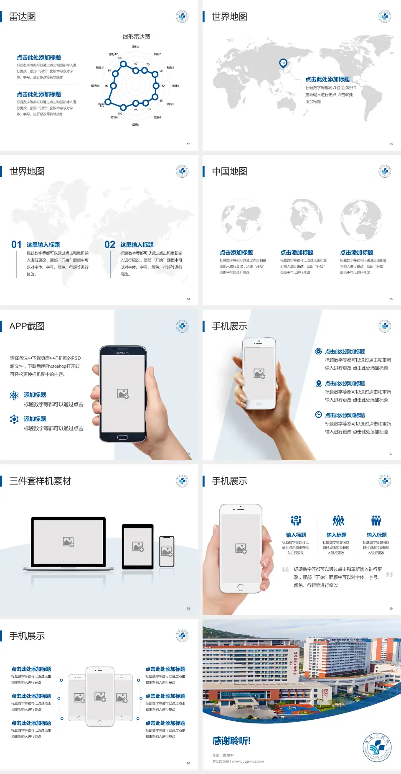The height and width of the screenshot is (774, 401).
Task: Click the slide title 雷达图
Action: pyautogui.click(x=23, y=17)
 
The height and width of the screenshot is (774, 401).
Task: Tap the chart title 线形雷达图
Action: pyautogui.click(x=136, y=37)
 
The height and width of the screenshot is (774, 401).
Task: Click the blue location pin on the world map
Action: pyautogui.click(x=283, y=63)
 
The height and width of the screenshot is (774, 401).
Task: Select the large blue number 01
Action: pyautogui.click(x=16, y=245)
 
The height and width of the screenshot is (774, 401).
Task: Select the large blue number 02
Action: pyautogui.click(x=110, y=245)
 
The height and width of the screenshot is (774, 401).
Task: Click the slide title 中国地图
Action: pyautogui.click(x=229, y=172)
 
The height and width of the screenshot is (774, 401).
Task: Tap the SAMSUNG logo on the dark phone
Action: pyautogui.click(x=123, y=353)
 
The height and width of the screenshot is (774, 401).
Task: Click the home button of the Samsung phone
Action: pyautogui.click(x=122, y=437)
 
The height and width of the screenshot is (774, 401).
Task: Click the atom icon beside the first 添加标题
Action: pyautogui.click(x=14, y=395)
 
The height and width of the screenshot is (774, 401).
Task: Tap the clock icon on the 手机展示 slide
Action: pyautogui.click(x=318, y=415)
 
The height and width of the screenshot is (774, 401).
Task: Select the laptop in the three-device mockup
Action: pyautogui.click(x=69, y=543)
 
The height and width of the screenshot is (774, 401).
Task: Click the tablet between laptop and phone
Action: pyautogui.click(x=137, y=546)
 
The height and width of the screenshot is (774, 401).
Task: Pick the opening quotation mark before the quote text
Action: pyautogui.click(x=285, y=569)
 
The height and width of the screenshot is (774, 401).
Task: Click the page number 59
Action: pyautogui.click(x=391, y=608)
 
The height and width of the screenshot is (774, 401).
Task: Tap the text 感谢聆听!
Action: pyautogui.click(x=231, y=741)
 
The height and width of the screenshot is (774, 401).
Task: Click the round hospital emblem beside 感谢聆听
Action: pyautogui.click(x=377, y=747)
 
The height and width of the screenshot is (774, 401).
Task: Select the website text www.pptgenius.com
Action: pyautogui.click(x=248, y=761)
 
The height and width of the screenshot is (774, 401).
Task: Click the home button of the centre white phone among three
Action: pyautogui.click(x=99, y=723)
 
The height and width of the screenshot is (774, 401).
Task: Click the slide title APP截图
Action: pyautogui.click(x=27, y=326)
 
